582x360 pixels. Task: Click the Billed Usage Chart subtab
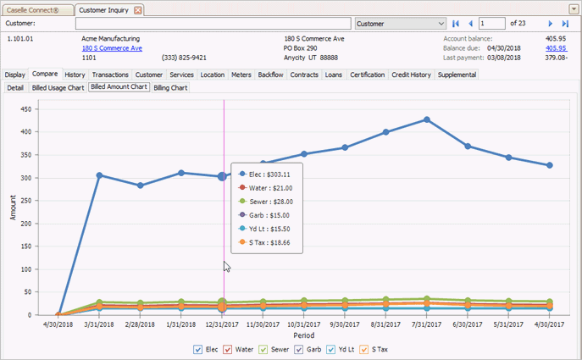pos(58,87)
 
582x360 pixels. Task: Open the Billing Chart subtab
pos(170,87)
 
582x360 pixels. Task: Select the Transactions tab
pos(110,75)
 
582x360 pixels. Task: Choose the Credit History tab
pos(411,75)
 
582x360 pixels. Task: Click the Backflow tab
pos(270,75)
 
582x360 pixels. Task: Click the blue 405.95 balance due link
pos(555,48)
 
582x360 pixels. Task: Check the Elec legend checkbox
pos(197,349)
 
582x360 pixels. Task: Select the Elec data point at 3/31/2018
pos(99,175)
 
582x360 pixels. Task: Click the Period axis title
pos(304,335)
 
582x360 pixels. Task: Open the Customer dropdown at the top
pos(401,24)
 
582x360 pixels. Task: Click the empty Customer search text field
pos(212,24)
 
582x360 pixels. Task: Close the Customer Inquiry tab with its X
pos(138,9)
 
